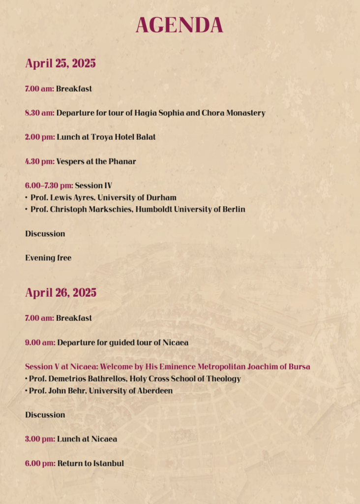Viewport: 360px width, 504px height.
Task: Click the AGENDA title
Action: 180,26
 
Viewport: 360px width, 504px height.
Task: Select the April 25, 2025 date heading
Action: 60,63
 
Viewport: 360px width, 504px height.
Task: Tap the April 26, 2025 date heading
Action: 60,293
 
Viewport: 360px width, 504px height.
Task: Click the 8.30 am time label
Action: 39,113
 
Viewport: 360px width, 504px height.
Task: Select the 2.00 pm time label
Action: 39,137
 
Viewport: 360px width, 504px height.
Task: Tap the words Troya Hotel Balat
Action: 123,137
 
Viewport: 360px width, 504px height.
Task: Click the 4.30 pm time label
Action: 39,161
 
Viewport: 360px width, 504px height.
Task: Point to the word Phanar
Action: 123,161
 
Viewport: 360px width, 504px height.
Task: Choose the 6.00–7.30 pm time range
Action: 49,186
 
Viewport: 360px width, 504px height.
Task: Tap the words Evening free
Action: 48,258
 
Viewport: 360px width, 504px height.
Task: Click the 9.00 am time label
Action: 39,342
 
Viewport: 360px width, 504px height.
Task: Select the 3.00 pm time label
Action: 39,439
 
